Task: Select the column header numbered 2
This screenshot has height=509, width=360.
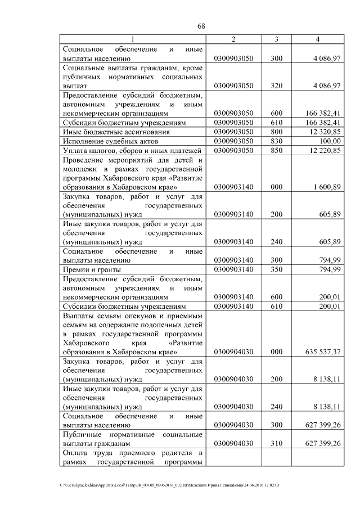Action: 233,39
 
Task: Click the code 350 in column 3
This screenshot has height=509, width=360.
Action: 276,270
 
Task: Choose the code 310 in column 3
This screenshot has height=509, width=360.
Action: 276,444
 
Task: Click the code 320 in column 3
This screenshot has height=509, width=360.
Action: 276,85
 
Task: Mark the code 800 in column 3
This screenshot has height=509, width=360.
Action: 276,131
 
